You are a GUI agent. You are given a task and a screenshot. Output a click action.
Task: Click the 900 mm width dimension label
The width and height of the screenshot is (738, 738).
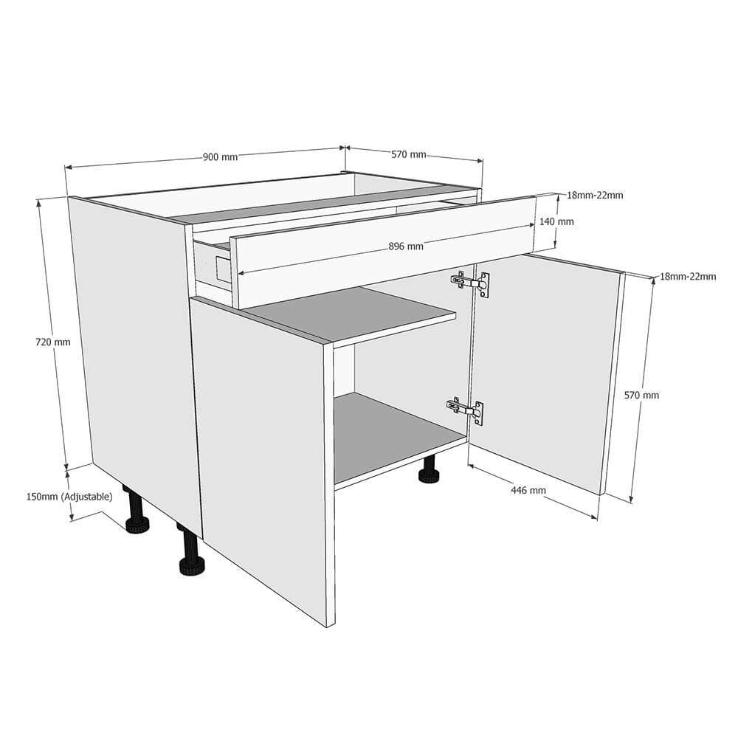tap(220, 156)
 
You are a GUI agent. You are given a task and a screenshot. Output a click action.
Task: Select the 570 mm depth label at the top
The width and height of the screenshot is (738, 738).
tap(408, 154)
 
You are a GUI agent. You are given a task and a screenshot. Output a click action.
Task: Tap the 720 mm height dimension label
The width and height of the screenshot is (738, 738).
tap(52, 342)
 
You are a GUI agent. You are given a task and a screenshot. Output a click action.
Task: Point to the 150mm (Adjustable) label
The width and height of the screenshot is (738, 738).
tap(69, 497)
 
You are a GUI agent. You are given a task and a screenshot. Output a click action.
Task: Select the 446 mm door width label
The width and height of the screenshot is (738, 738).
tap(528, 490)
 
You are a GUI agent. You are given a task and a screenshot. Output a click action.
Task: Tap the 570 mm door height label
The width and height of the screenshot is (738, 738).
tap(641, 395)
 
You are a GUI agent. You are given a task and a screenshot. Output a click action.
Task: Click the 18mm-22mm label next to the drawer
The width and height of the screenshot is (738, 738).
tap(595, 196)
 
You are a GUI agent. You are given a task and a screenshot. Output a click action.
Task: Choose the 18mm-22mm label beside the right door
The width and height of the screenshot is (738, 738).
tap(687, 277)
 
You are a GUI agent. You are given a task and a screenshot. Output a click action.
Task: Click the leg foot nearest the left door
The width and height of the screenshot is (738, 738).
tap(191, 565)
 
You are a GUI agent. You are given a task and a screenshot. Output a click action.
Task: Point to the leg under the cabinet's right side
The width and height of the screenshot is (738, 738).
tap(428, 472)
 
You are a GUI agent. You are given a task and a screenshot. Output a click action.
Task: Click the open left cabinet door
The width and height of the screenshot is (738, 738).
tap(262, 443)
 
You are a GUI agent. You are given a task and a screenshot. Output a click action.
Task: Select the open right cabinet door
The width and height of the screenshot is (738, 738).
tap(542, 369)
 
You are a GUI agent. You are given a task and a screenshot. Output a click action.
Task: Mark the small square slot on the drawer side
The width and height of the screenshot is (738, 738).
tap(222, 268)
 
